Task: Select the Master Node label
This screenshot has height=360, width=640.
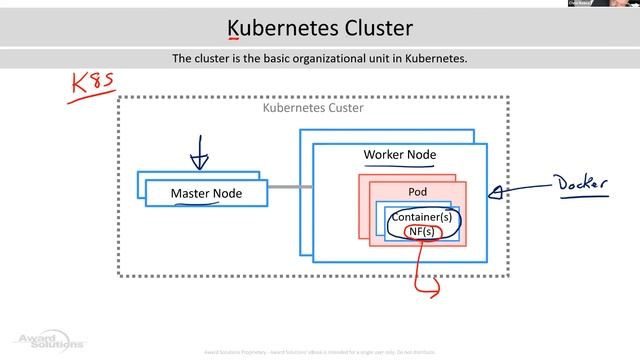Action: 206,193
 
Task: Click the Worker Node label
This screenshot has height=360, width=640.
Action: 399,155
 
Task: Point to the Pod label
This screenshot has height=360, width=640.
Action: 417,191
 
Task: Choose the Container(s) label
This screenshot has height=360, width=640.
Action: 421,217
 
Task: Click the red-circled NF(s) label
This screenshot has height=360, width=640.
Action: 421,232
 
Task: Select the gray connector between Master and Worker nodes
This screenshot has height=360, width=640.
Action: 284,187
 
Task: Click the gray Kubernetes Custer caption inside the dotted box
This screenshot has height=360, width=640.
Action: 312,107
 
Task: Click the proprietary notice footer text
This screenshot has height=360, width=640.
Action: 320,353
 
